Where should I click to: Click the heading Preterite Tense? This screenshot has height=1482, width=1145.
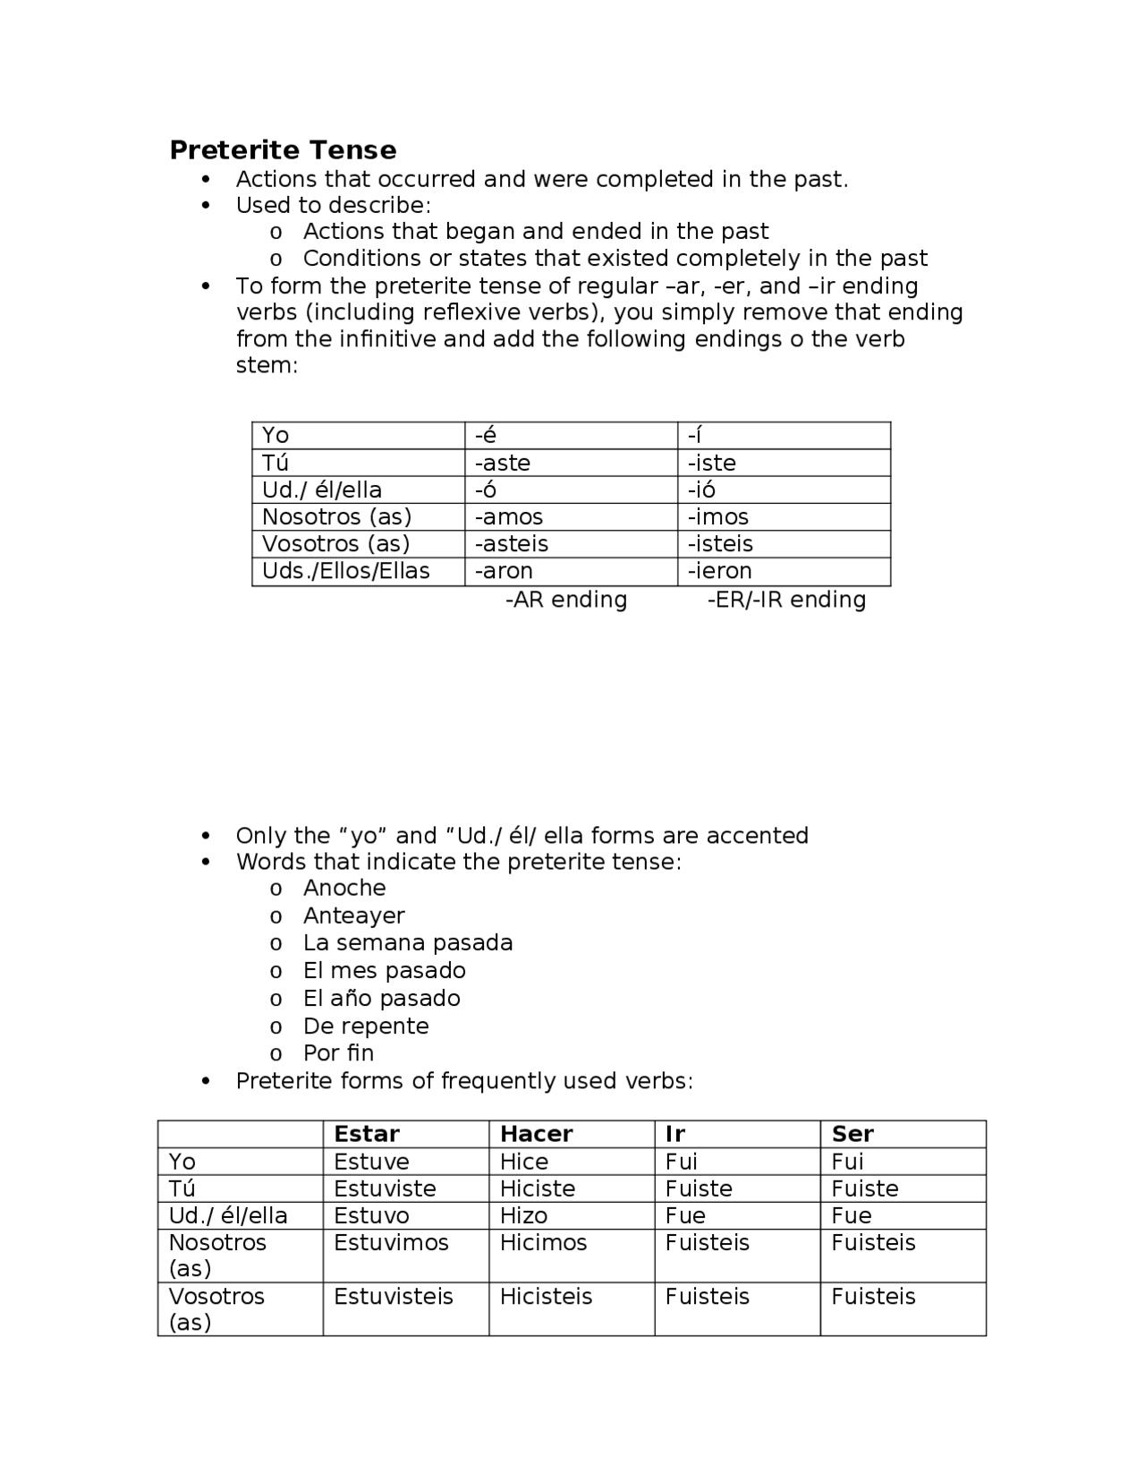coord(283,149)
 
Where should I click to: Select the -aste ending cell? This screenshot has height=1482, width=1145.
coord(503,463)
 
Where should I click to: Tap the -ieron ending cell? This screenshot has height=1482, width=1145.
coord(719,571)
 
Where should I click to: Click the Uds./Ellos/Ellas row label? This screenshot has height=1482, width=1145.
coord(345,571)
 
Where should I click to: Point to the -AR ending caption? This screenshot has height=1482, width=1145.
coord(566,600)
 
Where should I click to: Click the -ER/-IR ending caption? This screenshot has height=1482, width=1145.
coord(786,600)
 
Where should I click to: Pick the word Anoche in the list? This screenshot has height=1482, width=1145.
coord(344,888)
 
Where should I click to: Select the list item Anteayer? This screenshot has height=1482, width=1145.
coord(353,916)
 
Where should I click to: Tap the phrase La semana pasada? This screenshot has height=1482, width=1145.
coord(408,943)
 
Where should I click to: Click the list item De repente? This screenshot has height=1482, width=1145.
coord(366,1026)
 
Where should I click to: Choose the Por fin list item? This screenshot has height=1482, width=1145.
coord(338,1053)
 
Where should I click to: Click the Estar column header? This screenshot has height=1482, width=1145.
coord(367,1134)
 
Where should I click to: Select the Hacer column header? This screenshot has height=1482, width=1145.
coord(536,1134)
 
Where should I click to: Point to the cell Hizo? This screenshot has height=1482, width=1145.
coord(523,1215)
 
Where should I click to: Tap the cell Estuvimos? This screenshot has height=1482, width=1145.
coord(391,1243)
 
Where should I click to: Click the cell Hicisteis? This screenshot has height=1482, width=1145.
coord(546,1297)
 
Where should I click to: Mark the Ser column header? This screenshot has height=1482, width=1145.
coord(852,1134)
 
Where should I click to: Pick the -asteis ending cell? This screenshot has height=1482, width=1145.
coord(512,544)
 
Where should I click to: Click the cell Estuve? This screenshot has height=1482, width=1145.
coord(371,1162)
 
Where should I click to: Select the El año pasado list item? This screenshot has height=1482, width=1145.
coord(381,998)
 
